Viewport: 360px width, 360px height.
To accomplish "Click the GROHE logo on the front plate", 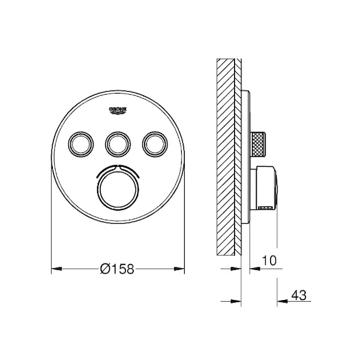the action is tap(118, 110).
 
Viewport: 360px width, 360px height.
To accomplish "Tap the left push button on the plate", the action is tap(81, 144).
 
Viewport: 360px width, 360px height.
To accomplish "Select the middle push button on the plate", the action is tap(118, 144).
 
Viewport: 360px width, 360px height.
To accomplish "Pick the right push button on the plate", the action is tap(155, 144).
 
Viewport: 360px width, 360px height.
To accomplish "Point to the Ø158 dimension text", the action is tap(117, 269).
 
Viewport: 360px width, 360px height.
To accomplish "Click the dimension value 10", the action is tap(269, 260).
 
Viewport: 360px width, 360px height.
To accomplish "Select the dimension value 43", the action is tap(299, 295).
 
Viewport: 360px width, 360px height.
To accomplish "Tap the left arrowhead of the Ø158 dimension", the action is tap(56, 269).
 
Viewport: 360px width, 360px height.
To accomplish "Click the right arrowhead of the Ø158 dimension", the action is tap(179, 269).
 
